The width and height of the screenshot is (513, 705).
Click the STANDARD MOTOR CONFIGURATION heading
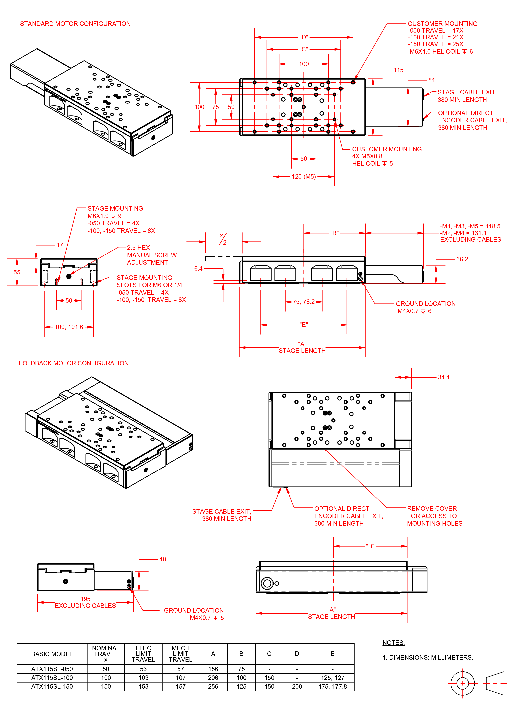(75, 24)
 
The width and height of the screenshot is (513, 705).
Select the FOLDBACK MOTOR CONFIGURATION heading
(74, 363)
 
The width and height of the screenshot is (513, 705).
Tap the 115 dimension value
(398, 70)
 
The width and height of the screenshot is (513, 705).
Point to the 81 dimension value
(431, 80)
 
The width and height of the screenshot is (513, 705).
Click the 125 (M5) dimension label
(304, 177)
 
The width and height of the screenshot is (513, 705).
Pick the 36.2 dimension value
(462, 259)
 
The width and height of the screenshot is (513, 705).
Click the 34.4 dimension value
(444, 377)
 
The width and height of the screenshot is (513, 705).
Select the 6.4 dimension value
(198, 268)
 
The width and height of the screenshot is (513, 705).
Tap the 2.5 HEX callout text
(138, 248)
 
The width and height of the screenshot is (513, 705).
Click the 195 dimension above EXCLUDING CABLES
(85, 599)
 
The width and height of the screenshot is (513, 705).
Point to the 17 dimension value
(60, 245)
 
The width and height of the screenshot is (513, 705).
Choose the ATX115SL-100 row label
(52, 677)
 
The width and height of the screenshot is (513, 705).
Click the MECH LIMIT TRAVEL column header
(180, 654)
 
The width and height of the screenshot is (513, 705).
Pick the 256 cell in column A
(213, 686)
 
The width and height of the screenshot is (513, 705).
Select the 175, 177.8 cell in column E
(332, 686)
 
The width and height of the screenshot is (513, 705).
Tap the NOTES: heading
(393, 643)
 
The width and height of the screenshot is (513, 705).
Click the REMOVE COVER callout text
(432, 508)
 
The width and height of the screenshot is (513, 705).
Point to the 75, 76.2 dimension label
(304, 302)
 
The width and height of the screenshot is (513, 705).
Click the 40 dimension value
(163, 559)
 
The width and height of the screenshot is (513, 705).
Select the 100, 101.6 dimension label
(69, 327)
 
